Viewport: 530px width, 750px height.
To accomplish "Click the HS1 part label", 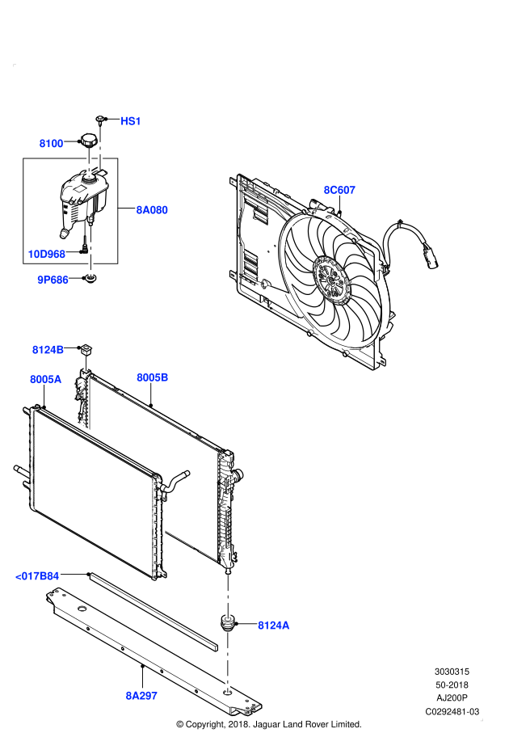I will click(131, 121).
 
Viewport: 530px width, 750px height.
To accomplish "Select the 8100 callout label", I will click(51, 144).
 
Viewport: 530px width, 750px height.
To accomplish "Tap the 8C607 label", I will click(339, 190).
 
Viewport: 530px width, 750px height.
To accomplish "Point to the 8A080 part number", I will click(152, 210).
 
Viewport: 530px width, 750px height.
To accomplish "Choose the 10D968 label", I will click(46, 255).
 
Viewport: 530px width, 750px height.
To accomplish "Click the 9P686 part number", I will click(53, 280).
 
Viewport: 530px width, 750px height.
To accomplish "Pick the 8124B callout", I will click(48, 350).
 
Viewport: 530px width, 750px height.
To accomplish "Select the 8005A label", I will click(45, 379).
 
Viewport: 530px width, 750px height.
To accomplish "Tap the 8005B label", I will click(152, 377).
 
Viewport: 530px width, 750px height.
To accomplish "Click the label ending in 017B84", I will click(37, 576).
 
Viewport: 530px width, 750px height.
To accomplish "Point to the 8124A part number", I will click(273, 626).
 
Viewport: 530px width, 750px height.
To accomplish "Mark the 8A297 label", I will click(141, 696).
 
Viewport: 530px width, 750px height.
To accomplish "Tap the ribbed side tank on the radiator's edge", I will click(158, 517).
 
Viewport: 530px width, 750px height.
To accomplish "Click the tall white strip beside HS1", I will click(100, 148).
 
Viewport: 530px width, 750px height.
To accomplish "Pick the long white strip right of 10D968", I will click(90, 251).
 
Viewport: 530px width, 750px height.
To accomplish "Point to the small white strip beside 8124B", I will click(86, 364).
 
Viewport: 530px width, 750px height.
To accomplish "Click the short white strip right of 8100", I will click(89, 162).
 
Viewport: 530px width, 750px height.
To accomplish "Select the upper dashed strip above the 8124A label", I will click(228, 596).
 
